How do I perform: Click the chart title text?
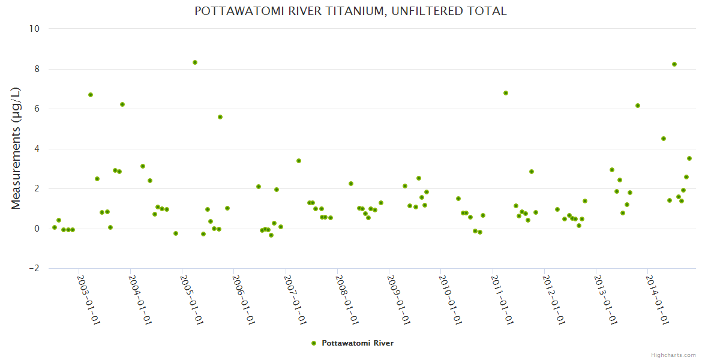point(350,11)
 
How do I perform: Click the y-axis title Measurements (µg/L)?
point(16,148)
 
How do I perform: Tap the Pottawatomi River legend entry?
point(353,343)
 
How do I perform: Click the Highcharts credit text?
point(673,355)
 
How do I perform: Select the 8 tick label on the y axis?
point(37,69)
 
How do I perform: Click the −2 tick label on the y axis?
point(34,269)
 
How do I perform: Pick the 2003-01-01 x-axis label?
point(88,300)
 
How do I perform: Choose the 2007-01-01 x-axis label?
point(295,300)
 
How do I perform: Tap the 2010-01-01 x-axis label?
point(449,300)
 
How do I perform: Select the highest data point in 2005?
point(195,62)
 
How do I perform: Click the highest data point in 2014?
point(674,64)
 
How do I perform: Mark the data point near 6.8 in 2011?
point(506,93)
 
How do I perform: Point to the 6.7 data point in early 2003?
point(91,95)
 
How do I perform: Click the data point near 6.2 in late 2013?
point(638,106)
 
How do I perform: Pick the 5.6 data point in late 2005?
point(220,117)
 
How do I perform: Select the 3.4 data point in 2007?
point(299,161)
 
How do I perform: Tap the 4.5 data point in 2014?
point(664,139)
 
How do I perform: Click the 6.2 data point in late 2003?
point(122,104)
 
